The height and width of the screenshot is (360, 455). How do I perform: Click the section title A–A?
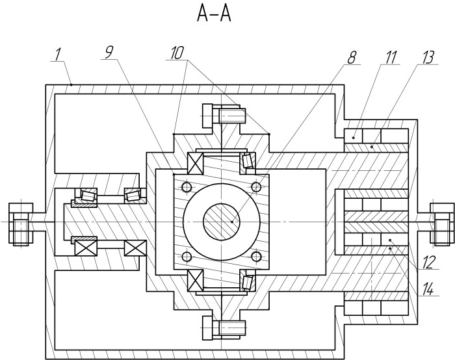click(214, 14)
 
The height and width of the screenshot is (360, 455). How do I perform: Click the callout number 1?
click(58, 54)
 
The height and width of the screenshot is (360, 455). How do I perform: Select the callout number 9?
click(109, 52)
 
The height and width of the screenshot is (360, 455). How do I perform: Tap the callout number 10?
click(177, 53)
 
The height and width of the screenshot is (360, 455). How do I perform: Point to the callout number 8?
click(352, 58)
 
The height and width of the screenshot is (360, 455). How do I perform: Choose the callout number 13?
click(427, 57)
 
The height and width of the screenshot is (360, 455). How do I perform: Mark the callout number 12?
click(428, 263)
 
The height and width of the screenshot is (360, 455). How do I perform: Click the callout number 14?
click(428, 289)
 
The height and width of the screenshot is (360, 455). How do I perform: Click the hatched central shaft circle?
click(221, 222)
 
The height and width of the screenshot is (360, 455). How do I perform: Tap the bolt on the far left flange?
click(20, 224)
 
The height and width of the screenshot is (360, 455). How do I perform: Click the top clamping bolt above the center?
click(224, 116)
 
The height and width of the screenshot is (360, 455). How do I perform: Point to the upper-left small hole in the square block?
click(187, 186)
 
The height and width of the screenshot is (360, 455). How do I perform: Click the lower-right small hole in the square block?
click(255, 257)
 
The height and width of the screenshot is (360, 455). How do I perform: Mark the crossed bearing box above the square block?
click(195, 163)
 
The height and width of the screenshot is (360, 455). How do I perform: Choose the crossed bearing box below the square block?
click(195, 280)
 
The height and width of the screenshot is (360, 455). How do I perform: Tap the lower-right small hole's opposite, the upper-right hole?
click(255, 186)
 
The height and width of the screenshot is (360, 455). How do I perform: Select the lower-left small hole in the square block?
click(187, 257)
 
